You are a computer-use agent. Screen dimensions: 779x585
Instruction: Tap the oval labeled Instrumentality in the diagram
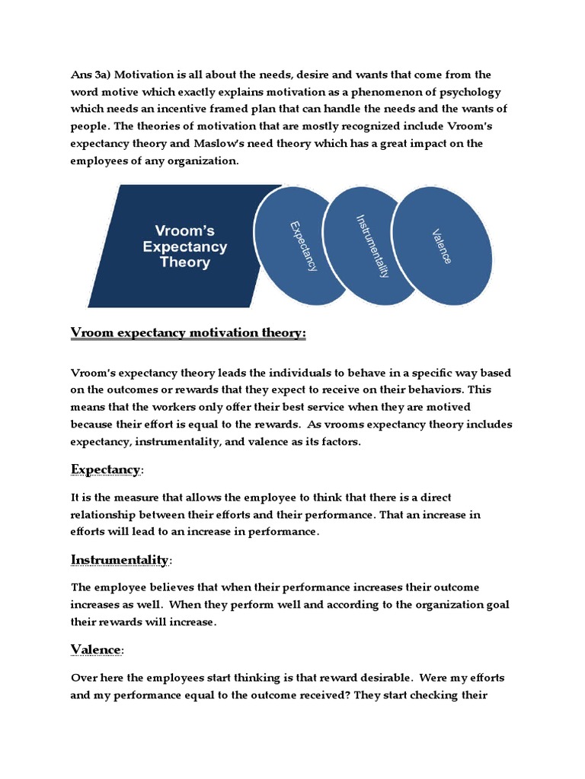[x=372, y=245]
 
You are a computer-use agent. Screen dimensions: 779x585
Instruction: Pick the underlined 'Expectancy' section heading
[x=105, y=469]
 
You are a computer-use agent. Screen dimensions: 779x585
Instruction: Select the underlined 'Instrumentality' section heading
[x=120, y=560]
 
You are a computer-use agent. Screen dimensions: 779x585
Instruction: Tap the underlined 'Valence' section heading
[x=96, y=649]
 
